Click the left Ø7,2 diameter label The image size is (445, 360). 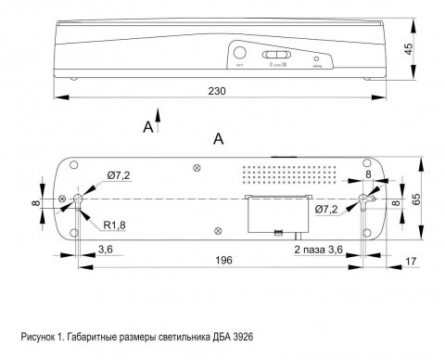[x=119, y=174]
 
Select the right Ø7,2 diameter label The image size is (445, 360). [x=326, y=211]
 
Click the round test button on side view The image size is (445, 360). [x=241, y=54]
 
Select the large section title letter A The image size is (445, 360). [x=219, y=138]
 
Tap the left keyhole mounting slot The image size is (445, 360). [x=79, y=199]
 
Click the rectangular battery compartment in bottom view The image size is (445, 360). [x=275, y=215]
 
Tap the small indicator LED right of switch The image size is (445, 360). [x=317, y=57]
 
